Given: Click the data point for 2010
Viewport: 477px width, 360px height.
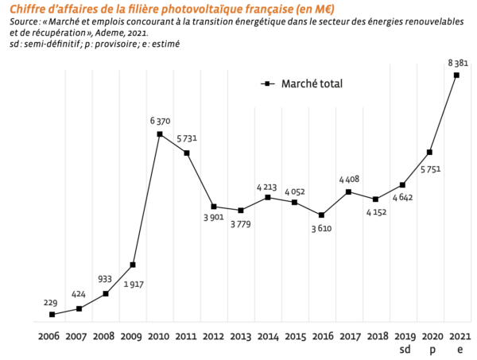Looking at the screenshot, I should (160, 134).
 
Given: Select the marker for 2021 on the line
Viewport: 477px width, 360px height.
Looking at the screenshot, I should (456, 75).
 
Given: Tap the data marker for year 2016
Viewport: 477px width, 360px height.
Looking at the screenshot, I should (322, 215).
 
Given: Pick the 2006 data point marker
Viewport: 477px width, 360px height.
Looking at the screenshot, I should (52, 315).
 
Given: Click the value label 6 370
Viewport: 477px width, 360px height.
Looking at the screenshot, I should (161, 121).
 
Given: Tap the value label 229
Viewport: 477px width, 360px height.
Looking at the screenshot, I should (52, 302).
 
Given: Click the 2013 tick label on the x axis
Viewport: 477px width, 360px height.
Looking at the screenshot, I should (240, 336).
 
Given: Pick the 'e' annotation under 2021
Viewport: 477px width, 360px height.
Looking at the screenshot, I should (457, 349).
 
